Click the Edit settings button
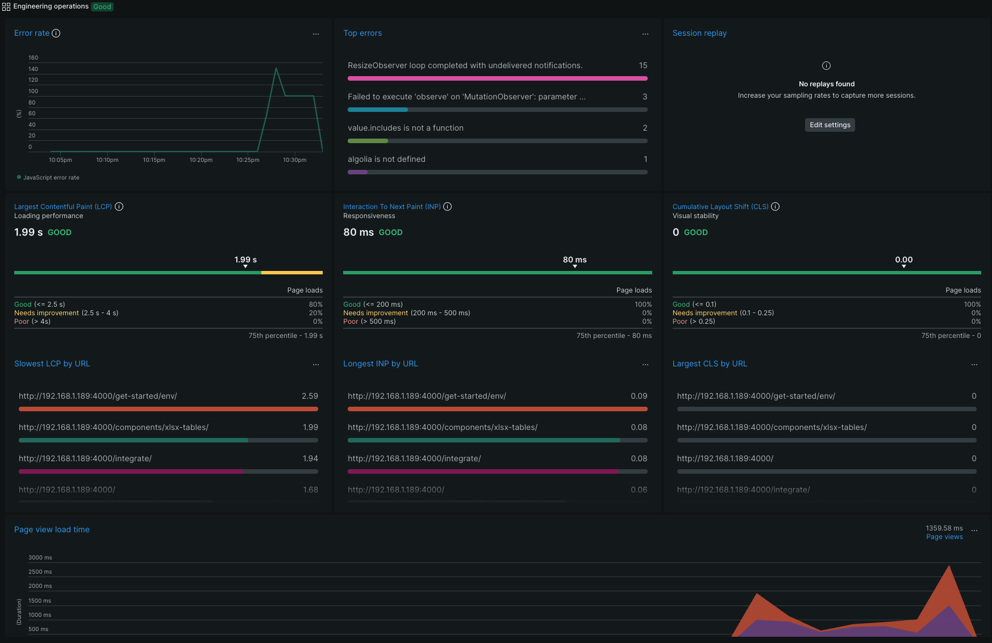(x=830, y=125)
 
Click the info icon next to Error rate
(x=56, y=34)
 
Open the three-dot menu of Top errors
(x=645, y=34)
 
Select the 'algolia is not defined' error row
(x=386, y=160)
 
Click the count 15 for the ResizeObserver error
(x=643, y=66)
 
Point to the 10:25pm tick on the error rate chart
(x=248, y=160)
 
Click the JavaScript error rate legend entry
(x=51, y=178)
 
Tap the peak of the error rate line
(x=276, y=69)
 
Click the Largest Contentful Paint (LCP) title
(x=63, y=207)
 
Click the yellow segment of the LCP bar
(x=291, y=273)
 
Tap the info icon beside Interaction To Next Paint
(x=448, y=207)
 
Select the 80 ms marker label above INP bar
(x=574, y=260)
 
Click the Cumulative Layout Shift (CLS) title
(x=720, y=207)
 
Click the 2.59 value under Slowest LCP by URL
(x=310, y=396)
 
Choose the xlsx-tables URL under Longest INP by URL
(x=443, y=428)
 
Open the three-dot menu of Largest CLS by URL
(x=974, y=365)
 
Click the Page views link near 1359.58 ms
(x=944, y=537)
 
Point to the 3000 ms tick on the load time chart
(x=40, y=558)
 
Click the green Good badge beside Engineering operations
(x=102, y=7)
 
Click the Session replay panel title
(x=699, y=34)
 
